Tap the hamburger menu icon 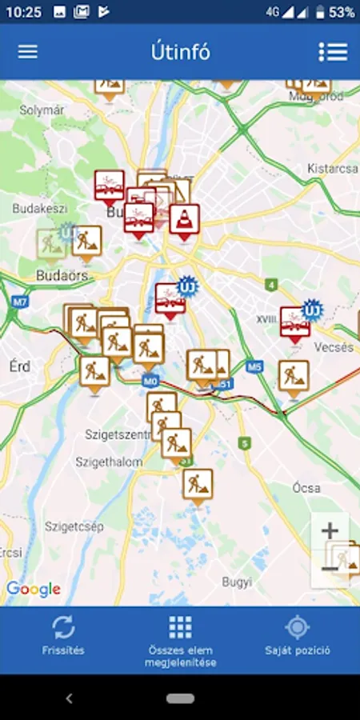click(x=28, y=51)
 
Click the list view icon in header click(x=333, y=51)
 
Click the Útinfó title click(x=180, y=52)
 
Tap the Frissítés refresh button click(x=63, y=634)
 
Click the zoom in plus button click(x=330, y=530)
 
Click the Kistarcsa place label click(x=332, y=169)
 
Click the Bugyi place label click(x=238, y=581)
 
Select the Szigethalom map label click(x=109, y=462)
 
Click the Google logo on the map click(x=34, y=590)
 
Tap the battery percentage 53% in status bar click(x=342, y=12)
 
